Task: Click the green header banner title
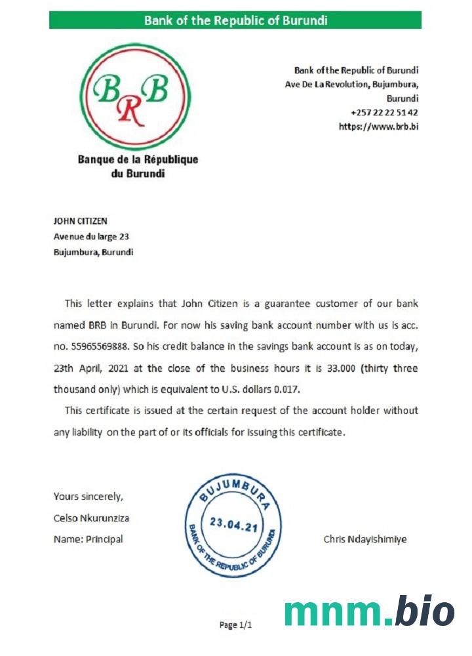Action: click(x=235, y=20)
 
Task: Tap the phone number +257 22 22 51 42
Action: click(x=385, y=112)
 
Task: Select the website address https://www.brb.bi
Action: click(x=378, y=126)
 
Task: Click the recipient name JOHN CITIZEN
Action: click(x=80, y=221)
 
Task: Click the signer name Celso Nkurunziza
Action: click(x=91, y=518)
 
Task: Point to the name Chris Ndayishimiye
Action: click(x=364, y=539)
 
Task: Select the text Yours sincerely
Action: click(x=88, y=496)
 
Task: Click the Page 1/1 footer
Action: click(x=235, y=625)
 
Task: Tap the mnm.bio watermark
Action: click(x=369, y=611)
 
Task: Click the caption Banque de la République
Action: click(x=138, y=159)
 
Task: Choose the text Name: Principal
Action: click(x=88, y=539)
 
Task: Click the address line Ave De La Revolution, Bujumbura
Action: click(x=352, y=84)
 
